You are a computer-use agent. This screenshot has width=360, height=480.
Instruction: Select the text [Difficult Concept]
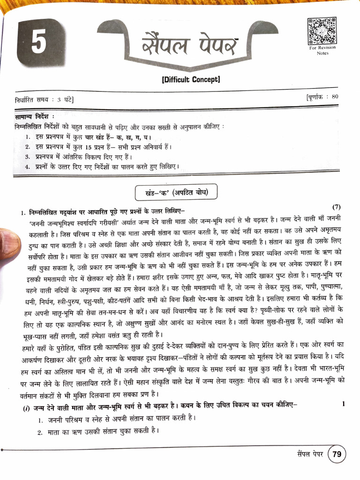(190, 79)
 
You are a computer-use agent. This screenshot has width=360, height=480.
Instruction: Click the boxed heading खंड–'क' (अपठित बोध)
(176, 193)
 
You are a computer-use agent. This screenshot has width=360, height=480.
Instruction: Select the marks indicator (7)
(337, 206)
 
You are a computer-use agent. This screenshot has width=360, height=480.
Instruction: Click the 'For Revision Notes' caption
(319, 50)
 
